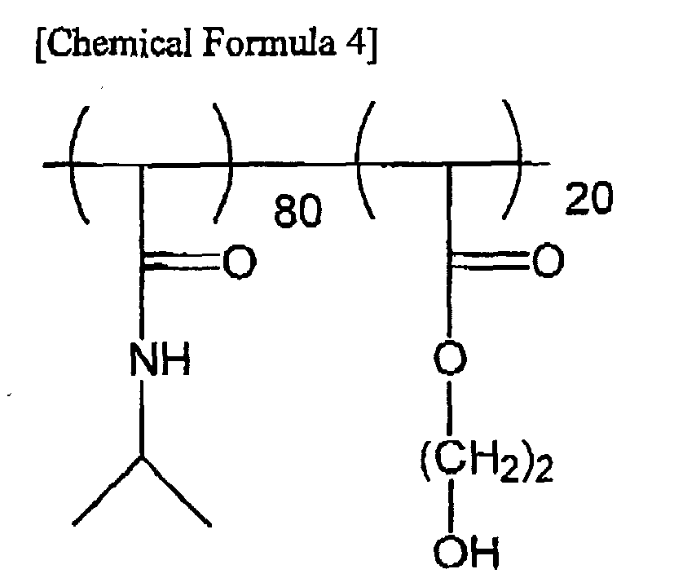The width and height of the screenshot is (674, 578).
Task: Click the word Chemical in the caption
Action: pyautogui.click(x=117, y=43)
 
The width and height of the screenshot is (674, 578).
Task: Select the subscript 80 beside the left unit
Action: pyautogui.click(x=297, y=210)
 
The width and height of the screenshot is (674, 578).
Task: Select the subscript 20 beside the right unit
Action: pyautogui.click(x=589, y=197)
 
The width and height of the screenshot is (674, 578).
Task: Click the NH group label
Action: pyautogui.click(x=160, y=359)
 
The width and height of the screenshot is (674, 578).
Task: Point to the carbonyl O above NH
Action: pyautogui.click(x=240, y=262)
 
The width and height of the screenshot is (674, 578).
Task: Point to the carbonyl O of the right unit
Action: pyautogui.click(x=548, y=259)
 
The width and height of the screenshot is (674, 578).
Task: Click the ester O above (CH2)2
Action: pyautogui.click(x=450, y=358)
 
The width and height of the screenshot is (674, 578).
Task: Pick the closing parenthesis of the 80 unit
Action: pyautogui.click(x=223, y=162)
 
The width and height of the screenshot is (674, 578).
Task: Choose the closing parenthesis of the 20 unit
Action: pyautogui.click(x=512, y=159)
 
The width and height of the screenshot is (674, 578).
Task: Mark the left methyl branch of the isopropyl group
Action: pyautogui.click(x=108, y=491)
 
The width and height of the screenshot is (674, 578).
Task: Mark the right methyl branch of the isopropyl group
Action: pyautogui.click(x=176, y=491)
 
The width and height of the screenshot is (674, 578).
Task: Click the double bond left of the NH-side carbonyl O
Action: pyautogui.click(x=183, y=262)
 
